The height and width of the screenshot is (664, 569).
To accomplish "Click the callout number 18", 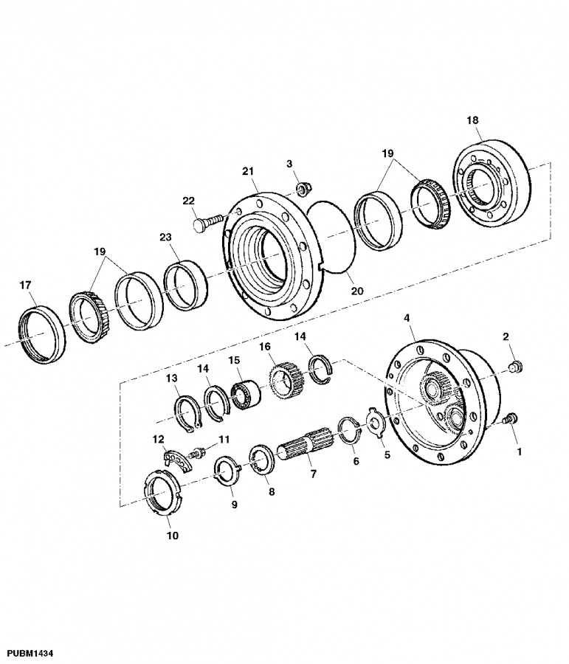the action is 472,120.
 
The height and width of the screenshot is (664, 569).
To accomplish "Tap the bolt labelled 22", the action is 207,222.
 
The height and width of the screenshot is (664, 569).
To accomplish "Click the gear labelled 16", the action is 283,377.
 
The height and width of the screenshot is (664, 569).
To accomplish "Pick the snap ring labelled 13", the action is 189,414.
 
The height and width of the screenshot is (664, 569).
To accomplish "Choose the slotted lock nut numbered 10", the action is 164,494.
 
